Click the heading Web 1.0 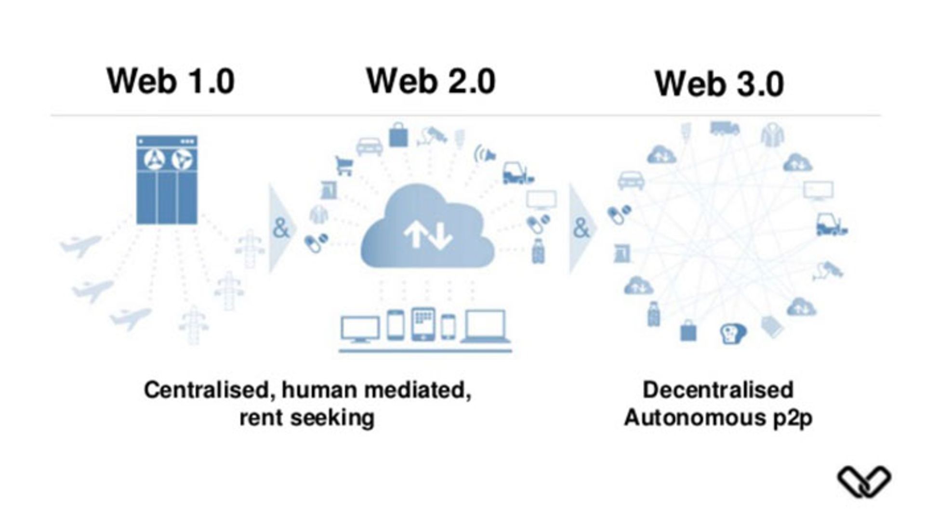(x=171, y=81)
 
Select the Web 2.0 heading (x=431, y=81)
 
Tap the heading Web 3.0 (x=719, y=84)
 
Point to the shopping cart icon (x=344, y=166)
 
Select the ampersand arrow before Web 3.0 (x=582, y=228)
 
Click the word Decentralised (x=718, y=390)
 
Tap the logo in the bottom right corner (x=864, y=481)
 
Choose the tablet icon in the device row (x=423, y=324)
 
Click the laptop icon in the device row (x=486, y=327)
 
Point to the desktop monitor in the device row (x=360, y=329)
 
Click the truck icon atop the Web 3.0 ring (x=724, y=129)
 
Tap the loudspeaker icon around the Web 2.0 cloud (x=485, y=155)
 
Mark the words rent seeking (x=307, y=417)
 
